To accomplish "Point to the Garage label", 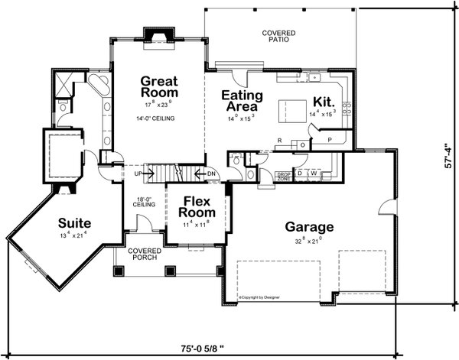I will coord(309,227).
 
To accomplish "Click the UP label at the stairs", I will coord(138,174).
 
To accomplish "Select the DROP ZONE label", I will coord(284,177).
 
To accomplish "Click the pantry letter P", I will coord(330,142).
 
